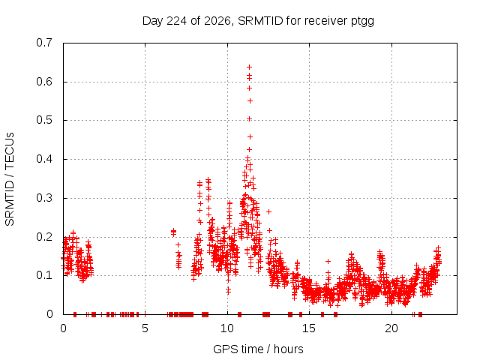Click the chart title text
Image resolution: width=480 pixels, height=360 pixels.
(258, 21)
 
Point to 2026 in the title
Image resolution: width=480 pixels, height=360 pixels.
(217, 21)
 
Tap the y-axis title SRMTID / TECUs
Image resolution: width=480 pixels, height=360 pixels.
(10, 179)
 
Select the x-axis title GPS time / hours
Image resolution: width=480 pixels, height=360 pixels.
(258, 349)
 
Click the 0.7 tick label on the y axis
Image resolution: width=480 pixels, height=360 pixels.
(44, 43)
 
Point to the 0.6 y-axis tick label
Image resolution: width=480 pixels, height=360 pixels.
(44, 82)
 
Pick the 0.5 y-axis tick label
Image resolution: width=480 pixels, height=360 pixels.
(44, 120)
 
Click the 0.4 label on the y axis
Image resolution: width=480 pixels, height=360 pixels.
(44, 159)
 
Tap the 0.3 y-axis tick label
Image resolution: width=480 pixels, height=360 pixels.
(44, 198)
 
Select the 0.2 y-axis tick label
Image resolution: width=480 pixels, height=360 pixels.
(44, 237)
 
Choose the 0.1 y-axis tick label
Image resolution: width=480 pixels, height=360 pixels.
(44, 275)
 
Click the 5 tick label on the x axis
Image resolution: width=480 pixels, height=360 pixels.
(145, 328)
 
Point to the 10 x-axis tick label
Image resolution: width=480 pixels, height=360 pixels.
(227, 328)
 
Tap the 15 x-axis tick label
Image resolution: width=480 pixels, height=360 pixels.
(309, 328)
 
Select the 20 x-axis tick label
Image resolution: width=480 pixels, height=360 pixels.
(391, 328)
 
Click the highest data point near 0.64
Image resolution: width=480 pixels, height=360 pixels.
(249, 67)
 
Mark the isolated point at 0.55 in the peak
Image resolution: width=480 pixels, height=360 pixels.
(250, 100)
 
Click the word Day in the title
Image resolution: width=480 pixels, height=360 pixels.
(153, 22)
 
